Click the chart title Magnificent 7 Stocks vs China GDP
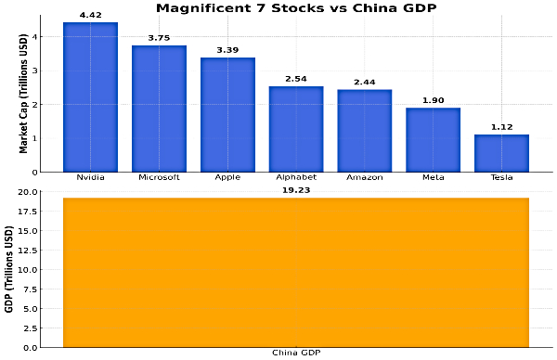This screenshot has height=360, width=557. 296,8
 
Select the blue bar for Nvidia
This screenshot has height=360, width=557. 90,97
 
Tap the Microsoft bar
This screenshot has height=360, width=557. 159,109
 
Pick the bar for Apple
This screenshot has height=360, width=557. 227,115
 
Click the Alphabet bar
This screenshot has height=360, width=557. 296,129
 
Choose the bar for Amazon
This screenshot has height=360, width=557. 365,131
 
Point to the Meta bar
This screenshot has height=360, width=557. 433,140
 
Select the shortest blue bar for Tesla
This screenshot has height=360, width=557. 501,153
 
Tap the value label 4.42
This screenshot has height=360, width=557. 90,16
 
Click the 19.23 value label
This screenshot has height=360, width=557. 296,190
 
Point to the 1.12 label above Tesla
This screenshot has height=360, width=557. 501,128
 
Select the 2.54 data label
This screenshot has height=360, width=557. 296,80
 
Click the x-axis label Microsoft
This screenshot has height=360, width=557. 159,176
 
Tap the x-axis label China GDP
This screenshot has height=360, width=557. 296,353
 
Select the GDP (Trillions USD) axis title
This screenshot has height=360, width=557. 9,268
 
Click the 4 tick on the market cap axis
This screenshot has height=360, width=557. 34,37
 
